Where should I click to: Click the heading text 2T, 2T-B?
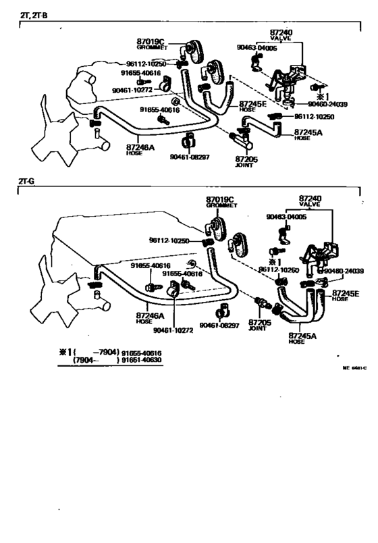(x=33, y=14)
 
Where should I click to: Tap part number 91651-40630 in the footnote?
(x=142, y=361)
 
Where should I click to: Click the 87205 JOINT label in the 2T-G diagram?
(x=259, y=325)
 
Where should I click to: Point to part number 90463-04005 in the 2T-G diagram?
(x=286, y=217)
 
